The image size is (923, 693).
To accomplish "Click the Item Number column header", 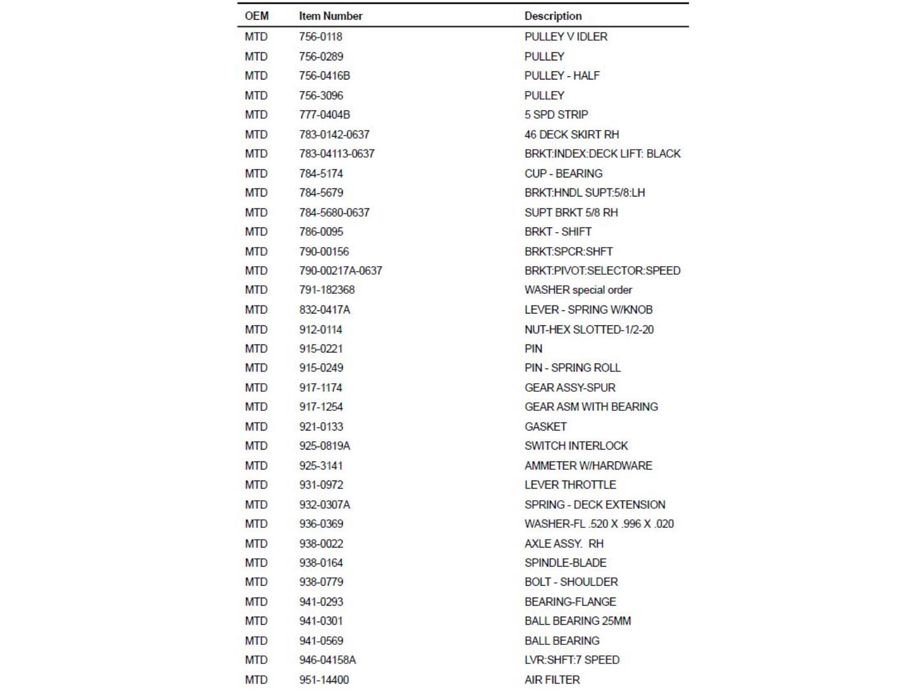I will pyautogui.click(x=330, y=16).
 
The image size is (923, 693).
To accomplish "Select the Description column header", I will pyautogui.click(x=553, y=16).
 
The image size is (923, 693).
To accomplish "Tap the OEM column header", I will pyautogui.click(x=257, y=16).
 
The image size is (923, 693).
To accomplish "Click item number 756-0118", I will pyautogui.click(x=321, y=36).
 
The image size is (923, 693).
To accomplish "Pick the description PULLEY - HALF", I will pyautogui.click(x=562, y=76).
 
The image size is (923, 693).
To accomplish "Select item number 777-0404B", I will pyautogui.click(x=324, y=115).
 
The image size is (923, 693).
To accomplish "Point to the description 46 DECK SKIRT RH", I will pyautogui.click(x=572, y=134).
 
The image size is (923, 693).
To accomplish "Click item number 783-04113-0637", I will pyautogui.click(x=337, y=153).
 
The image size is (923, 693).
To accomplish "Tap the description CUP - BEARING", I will pyautogui.click(x=563, y=174).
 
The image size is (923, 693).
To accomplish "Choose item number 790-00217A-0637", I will pyautogui.click(x=340, y=270).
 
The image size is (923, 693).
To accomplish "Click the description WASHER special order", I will pyautogui.click(x=578, y=290).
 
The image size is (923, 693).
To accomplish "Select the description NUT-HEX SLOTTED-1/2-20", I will pyautogui.click(x=589, y=330).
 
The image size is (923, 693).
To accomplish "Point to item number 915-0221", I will pyautogui.click(x=321, y=349).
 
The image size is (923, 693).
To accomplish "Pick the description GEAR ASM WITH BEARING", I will pyautogui.click(x=591, y=407).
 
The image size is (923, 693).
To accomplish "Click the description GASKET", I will pyautogui.click(x=545, y=426).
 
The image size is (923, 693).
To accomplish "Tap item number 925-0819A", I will pyautogui.click(x=324, y=445).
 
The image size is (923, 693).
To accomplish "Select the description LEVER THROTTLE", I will pyautogui.click(x=570, y=485).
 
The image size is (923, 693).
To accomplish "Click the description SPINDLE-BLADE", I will pyautogui.click(x=565, y=562).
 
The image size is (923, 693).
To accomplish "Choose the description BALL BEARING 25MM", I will pyautogui.click(x=577, y=621).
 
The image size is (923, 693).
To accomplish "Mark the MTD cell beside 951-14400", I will pyautogui.click(x=256, y=679).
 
